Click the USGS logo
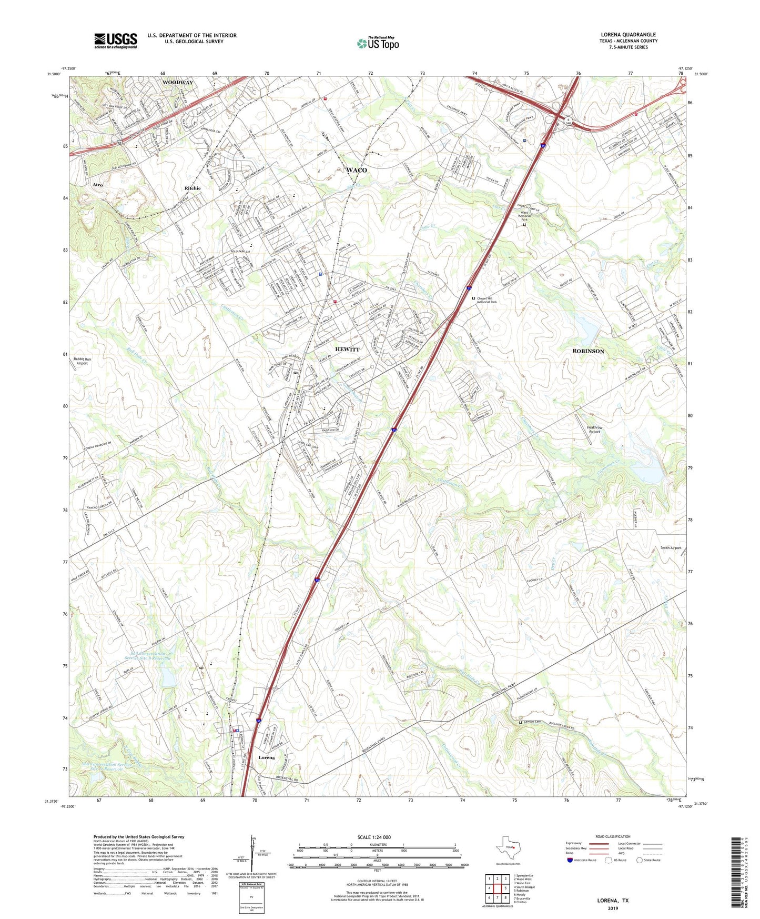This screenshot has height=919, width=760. pos(115,41)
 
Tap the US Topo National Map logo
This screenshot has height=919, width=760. pos(378,43)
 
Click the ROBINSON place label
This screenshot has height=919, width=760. pos(588,351)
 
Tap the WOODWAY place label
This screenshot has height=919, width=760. pos(177,83)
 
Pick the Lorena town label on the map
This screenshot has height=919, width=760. pos(267,757)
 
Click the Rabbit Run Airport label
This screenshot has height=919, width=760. pos(82,361)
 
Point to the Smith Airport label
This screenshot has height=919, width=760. pos(671,548)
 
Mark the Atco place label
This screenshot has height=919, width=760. pos(98,185)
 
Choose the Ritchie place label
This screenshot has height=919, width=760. pos(192,188)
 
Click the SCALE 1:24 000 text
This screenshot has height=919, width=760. pos(374,837)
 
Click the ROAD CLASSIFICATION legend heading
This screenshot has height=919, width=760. pos(613,836)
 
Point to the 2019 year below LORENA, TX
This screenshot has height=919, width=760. pos(613,908)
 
